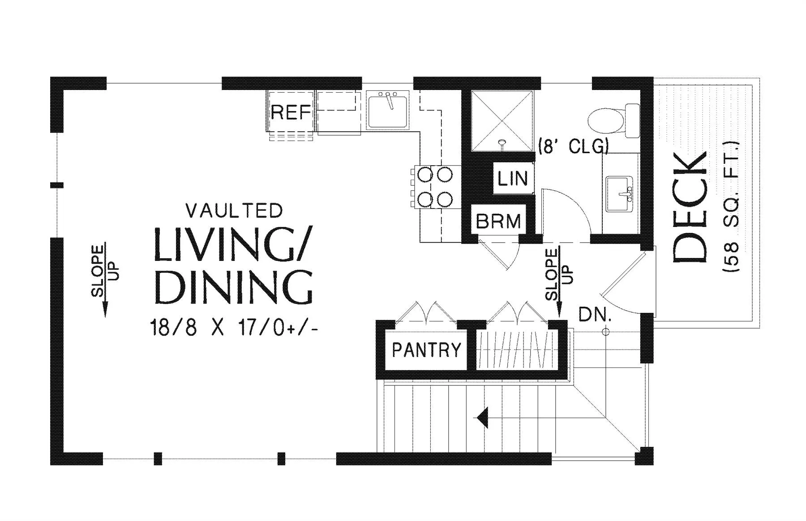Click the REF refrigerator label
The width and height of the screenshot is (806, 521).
291,112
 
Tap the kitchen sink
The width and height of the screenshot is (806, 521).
388,110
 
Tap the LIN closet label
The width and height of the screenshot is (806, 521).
513,179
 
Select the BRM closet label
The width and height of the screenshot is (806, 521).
498,221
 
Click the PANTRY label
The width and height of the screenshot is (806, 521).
426,349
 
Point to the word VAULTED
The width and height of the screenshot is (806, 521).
234,210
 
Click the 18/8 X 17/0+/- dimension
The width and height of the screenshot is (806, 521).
235,328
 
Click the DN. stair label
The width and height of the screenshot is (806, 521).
595,315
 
